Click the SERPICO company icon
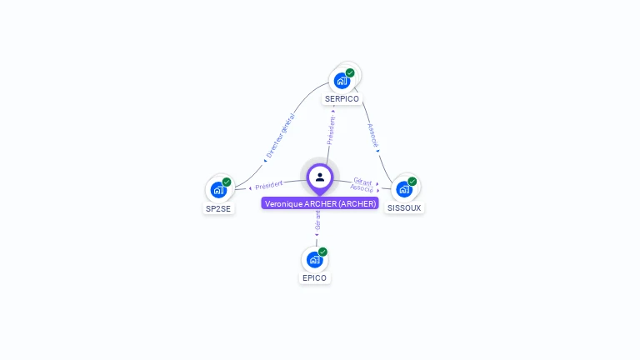[342, 80]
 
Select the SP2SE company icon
[218, 190]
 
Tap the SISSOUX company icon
[404, 189]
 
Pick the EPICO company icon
[314, 259]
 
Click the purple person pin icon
[320, 177]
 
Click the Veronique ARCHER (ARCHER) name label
[320, 203]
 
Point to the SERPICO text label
[342, 98]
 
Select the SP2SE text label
[218, 208]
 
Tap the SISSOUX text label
[404, 207]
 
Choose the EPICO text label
[315, 277]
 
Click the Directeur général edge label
[280, 135]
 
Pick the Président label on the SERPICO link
[332, 130]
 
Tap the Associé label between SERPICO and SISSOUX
[373, 136]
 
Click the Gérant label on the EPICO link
[317, 220]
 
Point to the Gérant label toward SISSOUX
[362, 181]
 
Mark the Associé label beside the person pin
[362, 189]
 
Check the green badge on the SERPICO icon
[350, 72]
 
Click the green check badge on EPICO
[322, 252]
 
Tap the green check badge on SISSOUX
[412, 182]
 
